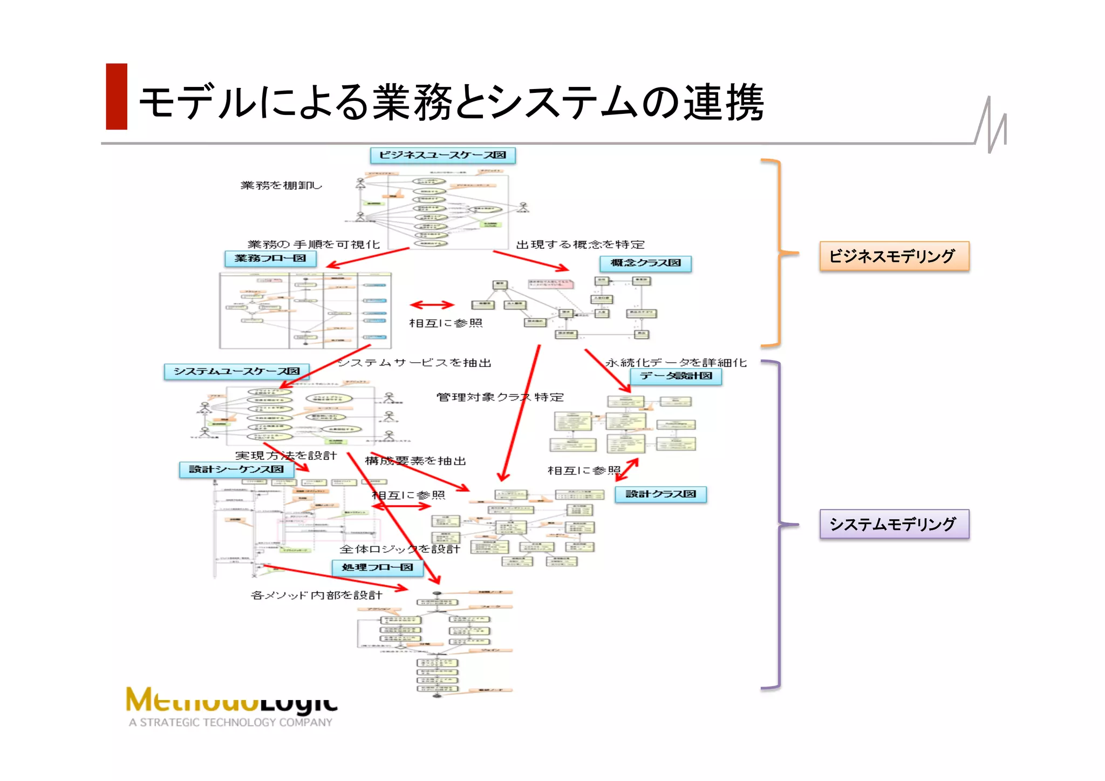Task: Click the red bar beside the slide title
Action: pos(117,97)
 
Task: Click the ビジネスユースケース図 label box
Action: pos(442,155)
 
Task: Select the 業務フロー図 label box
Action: pos(270,259)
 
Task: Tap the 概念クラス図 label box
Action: pos(645,263)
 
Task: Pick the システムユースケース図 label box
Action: pos(236,371)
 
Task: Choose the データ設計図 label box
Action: pos(676,376)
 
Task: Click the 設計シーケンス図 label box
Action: pos(236,470)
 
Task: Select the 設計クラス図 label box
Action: pos(660,494)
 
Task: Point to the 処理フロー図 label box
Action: pos(377,567)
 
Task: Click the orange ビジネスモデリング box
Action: pos(894,256)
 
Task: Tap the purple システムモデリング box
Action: pos(894,524)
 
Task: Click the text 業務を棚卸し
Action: pos(281,186)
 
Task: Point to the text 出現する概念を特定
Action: pos(580,245)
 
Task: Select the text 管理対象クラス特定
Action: pos(500,397)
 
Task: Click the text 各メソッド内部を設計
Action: pos(317,595)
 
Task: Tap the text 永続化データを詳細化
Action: pos(676,363)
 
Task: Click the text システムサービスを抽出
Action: pos(414,363)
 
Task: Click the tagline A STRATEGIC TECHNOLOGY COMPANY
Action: pos(230,722)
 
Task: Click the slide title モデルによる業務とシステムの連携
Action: pos(451,102)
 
